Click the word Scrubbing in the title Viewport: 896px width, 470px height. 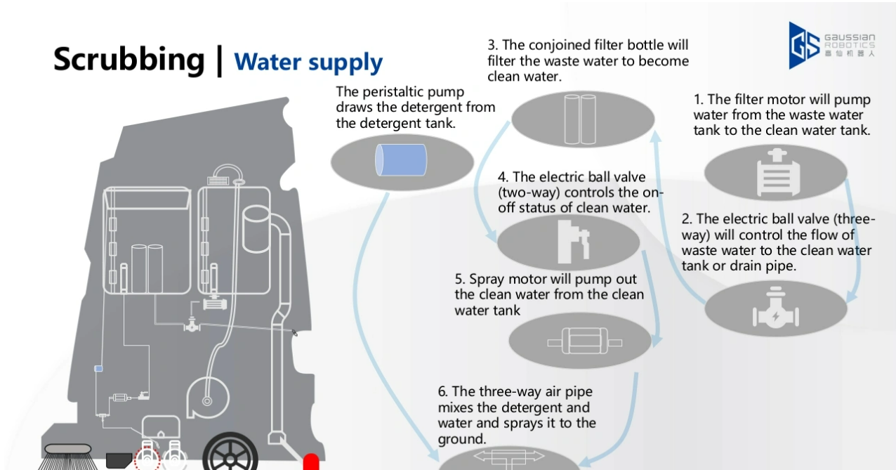coord(129,59)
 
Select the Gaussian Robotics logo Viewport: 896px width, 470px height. coord(831,44)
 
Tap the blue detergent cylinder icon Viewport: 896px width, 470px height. coord(401,160)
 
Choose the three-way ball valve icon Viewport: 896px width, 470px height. coord(775,310)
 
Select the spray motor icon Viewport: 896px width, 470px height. coord(584,342)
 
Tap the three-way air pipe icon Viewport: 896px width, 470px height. coord(509,457)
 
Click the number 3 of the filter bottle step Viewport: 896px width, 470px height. coord(492,45)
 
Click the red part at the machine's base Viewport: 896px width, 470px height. coord(310,462)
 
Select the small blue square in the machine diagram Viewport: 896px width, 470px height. coord(98,369)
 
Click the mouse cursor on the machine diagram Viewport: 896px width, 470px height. coord(295,332)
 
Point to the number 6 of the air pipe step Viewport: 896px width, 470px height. coord(442,391)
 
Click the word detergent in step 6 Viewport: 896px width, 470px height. coord(561,407)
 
